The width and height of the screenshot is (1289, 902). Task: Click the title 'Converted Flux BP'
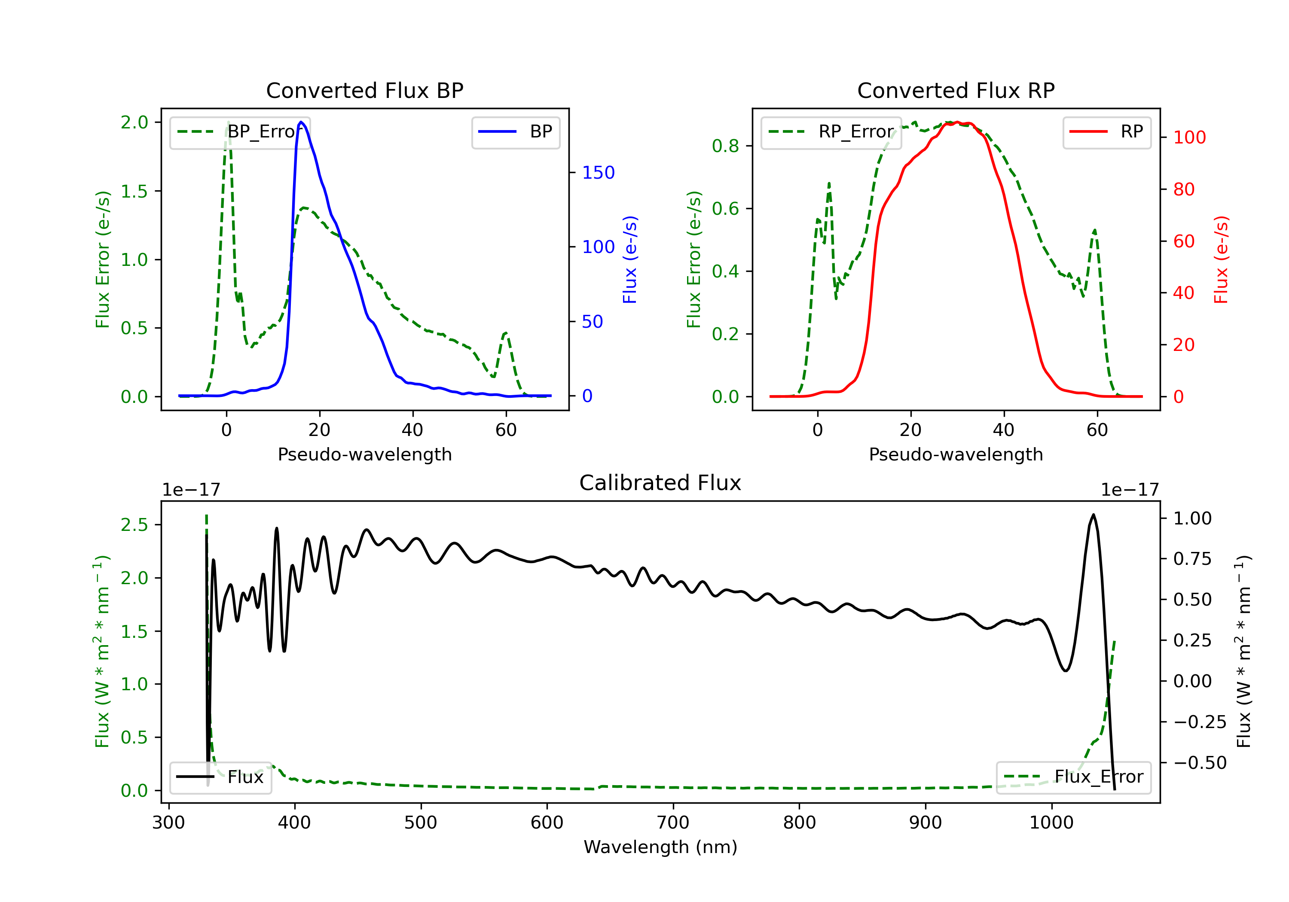pos(364,90)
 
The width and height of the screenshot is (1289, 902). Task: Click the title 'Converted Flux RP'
pos(956,90)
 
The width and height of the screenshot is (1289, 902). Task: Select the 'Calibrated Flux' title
pos(660,483)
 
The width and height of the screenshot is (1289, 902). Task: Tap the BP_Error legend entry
pos(240,132)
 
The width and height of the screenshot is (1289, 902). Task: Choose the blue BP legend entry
pos(515,132)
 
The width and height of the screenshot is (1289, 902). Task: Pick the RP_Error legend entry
pos(831,132)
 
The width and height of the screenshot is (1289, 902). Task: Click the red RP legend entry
pos(1106,132)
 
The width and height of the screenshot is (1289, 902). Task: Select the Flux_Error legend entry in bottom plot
pos(1073,777)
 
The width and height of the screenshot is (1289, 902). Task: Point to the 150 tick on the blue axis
pos(599,172)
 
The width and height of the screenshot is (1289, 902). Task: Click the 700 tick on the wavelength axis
pos(673,822)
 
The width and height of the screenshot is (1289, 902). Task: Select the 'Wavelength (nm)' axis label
pos(660,847)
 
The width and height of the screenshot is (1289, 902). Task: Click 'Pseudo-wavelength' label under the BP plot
pos(364,454)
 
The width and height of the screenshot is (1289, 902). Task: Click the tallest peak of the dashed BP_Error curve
pos(228,122)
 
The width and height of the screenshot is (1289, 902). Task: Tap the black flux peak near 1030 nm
pos(1093,515)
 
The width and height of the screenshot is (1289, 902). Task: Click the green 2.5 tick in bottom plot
pos(134,525)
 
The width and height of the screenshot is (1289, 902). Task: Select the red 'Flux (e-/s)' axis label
pos(1221,259)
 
